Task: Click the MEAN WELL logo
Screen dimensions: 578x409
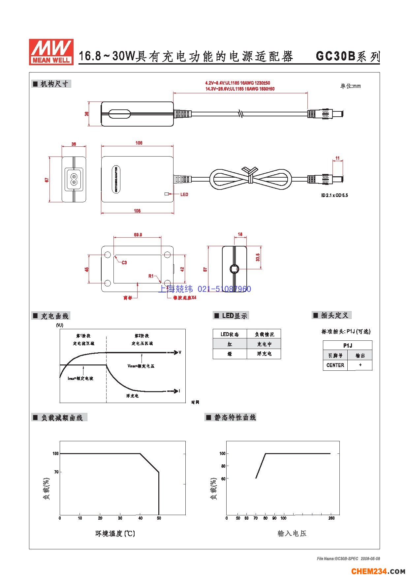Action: pyautogui.click(x=51, y=52)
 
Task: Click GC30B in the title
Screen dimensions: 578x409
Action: pyautogui.click(x=335, y=56)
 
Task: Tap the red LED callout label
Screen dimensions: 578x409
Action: pyautogui.click(x=184, y=194)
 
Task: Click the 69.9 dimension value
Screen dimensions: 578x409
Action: pyautogui.click(x=138, y=235)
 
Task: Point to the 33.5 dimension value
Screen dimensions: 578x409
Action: pyautogui.click(x=258, y=257)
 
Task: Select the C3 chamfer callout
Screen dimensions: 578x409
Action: pyautogui.click(x=124, y=263)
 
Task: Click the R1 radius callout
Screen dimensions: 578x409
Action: pyautogui.click(x=151, y=276)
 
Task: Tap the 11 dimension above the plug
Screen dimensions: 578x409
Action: pyautogui.click(x=337, y=159)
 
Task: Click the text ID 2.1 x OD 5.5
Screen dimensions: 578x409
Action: pyautogui.click(x=334, y=195)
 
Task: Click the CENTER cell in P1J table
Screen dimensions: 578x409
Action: pyautogui.click(x=335, y=365)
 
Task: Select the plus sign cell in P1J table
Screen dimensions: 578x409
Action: pyautogui.click(x=360, y=365)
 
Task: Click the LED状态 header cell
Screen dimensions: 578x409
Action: pyautogui.click(x=230, y=334)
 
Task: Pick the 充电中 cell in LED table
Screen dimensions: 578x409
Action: pyautogui.click(x=264, y=344)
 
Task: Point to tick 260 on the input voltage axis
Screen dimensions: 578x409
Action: pyautogui.click(x=331, y=518)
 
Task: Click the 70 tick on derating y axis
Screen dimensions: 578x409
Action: pyautogui.click(x=56, y=472)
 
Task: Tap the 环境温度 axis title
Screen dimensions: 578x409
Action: pyautogui.click(x=115, y=534)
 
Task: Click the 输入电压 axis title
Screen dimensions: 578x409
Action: pyautogui.click(x=292, y=534)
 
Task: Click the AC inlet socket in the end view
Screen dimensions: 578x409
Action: pyautogui.click(x=74, y=179)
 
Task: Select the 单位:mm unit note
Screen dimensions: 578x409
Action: pyautogui.click(x=350, y=86)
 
